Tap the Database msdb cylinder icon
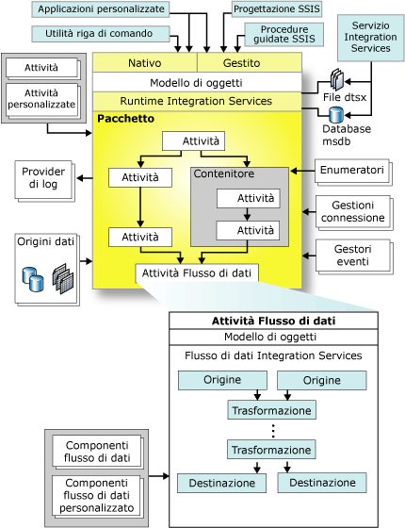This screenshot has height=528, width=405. pyautogui.click(x=335, y=116)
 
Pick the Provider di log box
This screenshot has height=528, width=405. pyautogui.click(x=42, y=180)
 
